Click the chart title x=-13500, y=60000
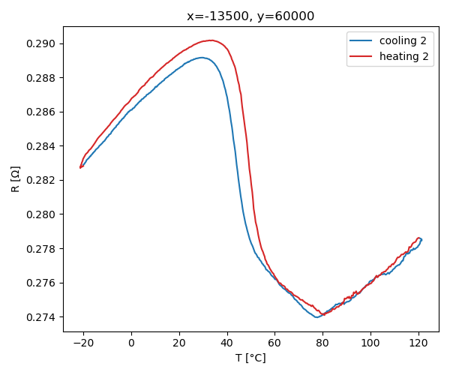[x=250, y=16]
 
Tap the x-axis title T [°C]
[x=250, y=358]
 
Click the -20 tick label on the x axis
[x=81, y=343]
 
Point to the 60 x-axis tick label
[x=274, y=343]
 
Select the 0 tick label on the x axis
[x=131, y=343]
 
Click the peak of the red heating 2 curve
[x=211, y=40]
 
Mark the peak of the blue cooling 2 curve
[x=201, y=57]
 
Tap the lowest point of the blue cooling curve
[x=317, y=317]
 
